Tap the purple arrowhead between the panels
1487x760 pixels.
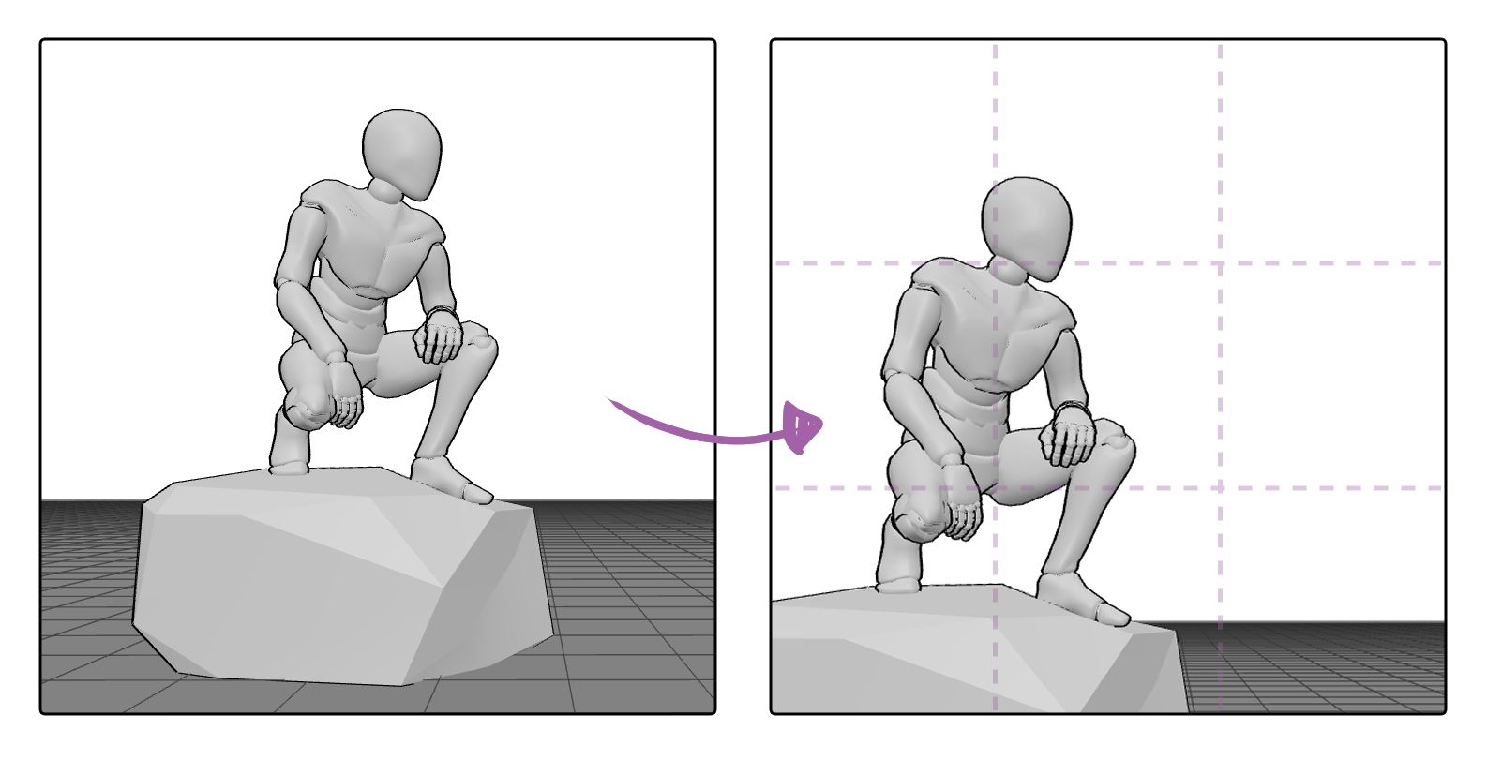tap(803, 427)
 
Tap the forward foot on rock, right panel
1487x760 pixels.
tap(1083, 600)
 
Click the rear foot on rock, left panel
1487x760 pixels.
tap(289, 459)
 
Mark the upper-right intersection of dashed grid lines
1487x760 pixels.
tap(1220, 263)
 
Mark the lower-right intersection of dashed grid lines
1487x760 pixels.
tap(1220, 488)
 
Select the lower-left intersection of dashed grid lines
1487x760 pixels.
tap(996, 488)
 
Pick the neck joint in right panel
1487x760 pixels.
tap(1010, 271)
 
